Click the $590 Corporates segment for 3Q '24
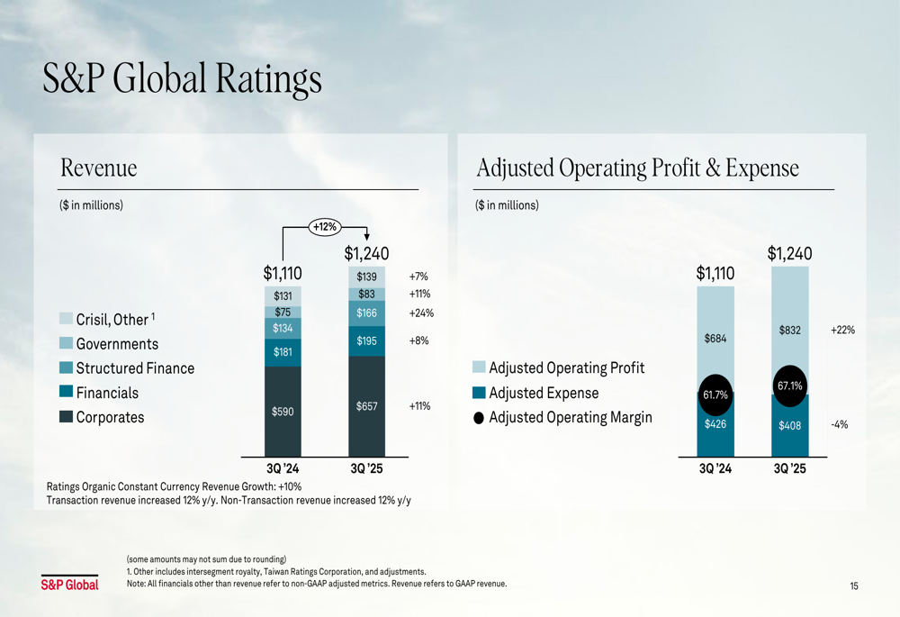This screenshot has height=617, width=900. click(x=283, y=411)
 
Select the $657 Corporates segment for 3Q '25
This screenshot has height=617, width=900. click(x=366, y=406)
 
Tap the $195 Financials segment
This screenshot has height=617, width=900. click(x=366, y=340)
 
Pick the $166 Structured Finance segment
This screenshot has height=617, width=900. click(x=366, y=313)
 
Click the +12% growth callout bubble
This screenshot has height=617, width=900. click(x=324, y=227)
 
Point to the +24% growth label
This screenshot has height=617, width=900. click(x=421, y=313)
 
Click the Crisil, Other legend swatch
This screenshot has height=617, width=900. click(x=66, y=319)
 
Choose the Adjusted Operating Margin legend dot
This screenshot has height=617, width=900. click(x=479, y=418)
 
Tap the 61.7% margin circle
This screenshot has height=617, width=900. click(x=715, y=394)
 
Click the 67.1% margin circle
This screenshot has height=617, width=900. click(x=789, y=386)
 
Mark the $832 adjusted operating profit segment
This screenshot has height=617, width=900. click(x=789, y=331)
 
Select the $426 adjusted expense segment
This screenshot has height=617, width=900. click(x=715, y=424)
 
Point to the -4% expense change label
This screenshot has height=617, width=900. click(x=840, y=424)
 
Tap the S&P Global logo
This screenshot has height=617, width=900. click(x=69, y=585)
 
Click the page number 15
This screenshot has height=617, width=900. click(x=853, y=586)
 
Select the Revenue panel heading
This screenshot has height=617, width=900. click(x=98, y=168)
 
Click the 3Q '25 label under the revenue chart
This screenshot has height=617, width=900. click(x=365, y=468)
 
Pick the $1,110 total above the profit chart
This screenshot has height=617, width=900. click(x=715, y=274)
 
